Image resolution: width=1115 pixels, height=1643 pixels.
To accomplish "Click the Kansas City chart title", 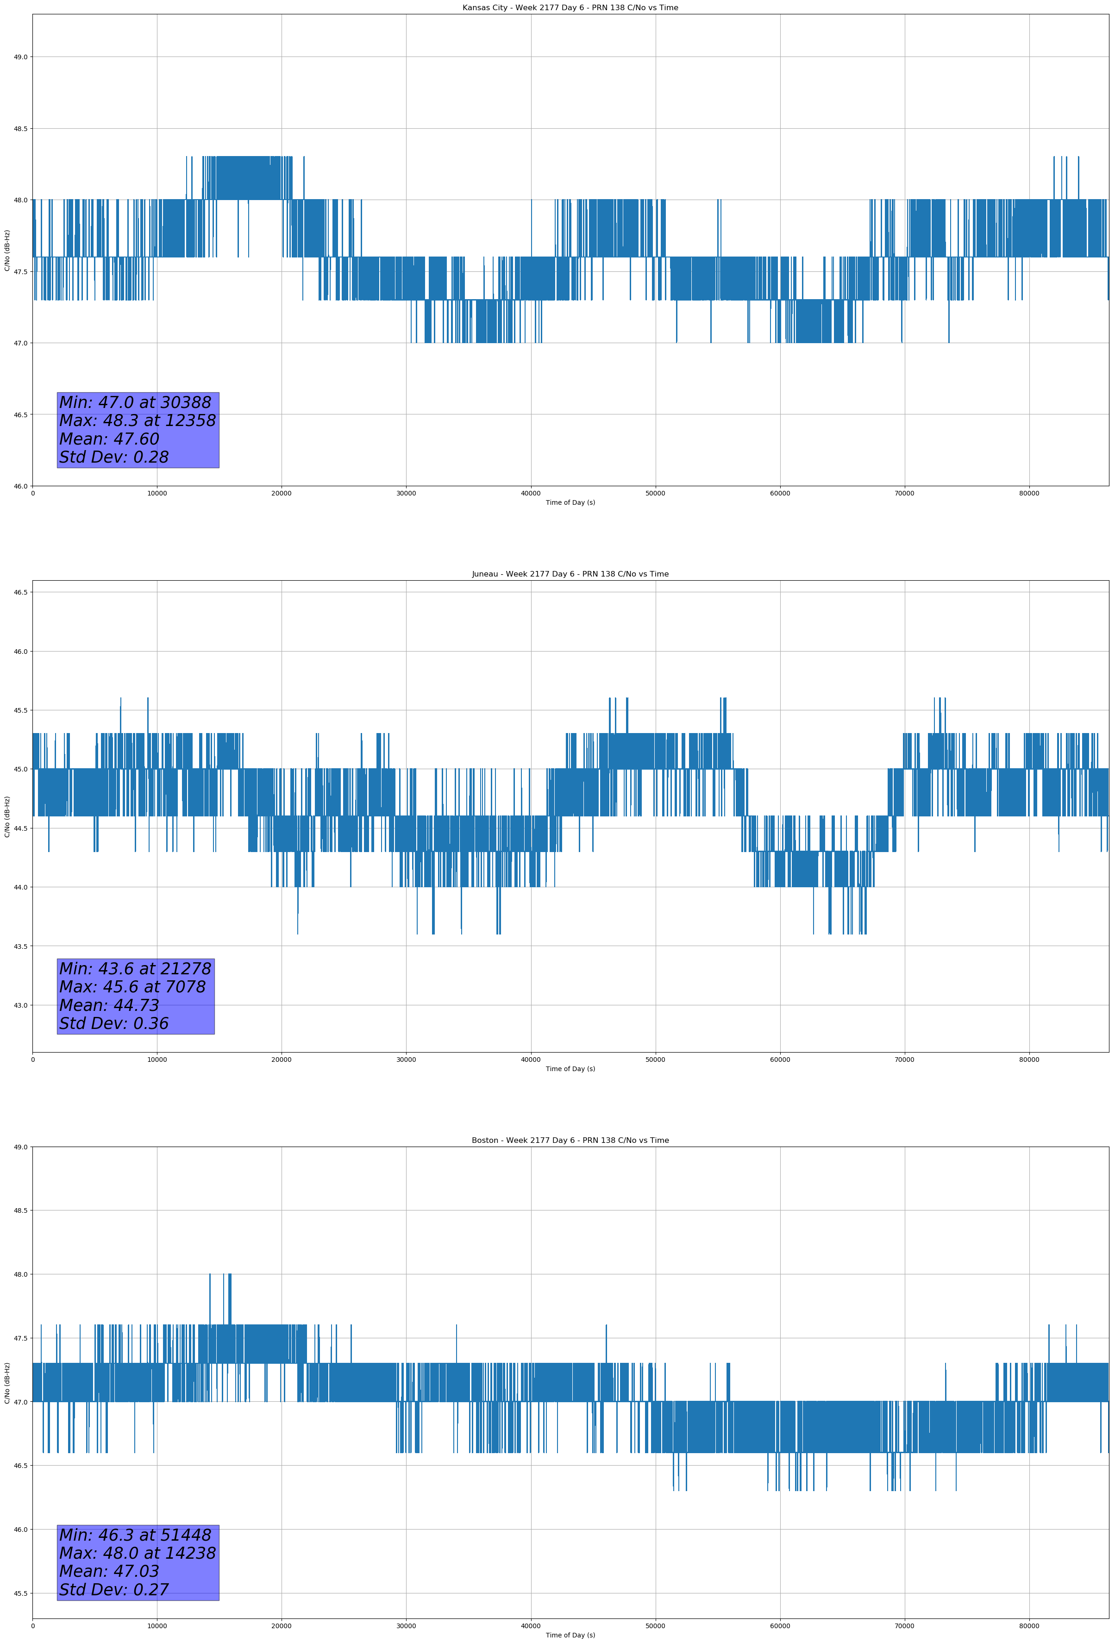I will pyautogui.click(x=570, y=8).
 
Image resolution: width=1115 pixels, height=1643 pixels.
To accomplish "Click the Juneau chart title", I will pyautogui.click(x=570, y=574).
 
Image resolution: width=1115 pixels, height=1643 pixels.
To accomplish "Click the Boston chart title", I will pyautogui.click(x=570, y=1141).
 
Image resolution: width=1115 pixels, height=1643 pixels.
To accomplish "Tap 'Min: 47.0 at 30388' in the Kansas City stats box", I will pyautogui.click(x=135, y=402).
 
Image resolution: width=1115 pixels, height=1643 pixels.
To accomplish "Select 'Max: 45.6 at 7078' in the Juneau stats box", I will pyautogui.click(x=132, y=987).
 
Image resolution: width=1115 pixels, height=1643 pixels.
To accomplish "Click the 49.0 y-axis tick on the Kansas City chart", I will pyautogui.click(x=20, y=57).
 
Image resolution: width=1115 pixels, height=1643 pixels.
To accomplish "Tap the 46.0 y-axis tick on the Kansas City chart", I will pyautogui.click(x=20, y=486).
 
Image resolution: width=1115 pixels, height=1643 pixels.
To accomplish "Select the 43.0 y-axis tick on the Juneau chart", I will pyautogui.click(x=20, y=1005).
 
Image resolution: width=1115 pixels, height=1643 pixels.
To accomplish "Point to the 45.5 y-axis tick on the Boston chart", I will pyautogui.click(x=20, y=1593).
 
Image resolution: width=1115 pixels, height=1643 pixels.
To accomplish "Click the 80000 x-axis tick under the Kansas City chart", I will pyautogui.click(x=1029, y=494).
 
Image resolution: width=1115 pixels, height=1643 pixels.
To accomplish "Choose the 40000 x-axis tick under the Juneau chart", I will pyautogui.click(x=530, y=1060).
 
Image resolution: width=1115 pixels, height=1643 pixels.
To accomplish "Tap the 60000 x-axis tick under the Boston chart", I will pyautogui.click(x=780, y=1626).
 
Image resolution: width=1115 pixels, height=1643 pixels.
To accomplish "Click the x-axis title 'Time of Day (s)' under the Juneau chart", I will pyautogui.click(x=570, y=1069).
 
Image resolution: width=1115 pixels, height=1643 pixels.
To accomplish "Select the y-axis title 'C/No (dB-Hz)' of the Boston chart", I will pyautogui.click(x=7, y=1384).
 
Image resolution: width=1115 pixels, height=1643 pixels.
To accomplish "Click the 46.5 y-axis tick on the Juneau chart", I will pyautogui.click(x=20, y=592).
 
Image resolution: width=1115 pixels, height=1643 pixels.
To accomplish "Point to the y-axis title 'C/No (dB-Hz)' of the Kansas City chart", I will pyautogui.click(x=7, y=250).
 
